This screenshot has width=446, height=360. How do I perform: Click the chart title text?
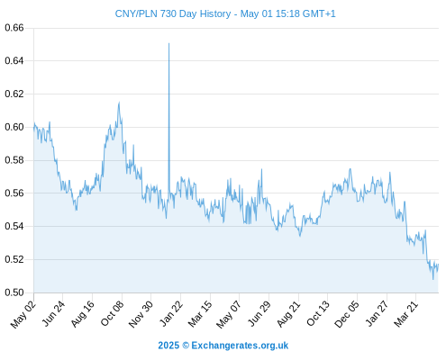click(x=225, y=13)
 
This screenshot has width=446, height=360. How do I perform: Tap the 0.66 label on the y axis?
click(x=14, y=28)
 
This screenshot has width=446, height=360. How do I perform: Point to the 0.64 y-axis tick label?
click(x=14, y=61)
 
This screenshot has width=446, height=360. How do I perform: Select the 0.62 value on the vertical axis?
click(x=14, y=94)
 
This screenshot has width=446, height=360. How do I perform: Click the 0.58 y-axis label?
click(x=14, y=160)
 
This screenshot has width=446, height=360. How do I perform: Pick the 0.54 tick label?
click(x=14, y=226)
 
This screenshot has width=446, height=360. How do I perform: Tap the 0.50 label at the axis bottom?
click(x=14, y=292)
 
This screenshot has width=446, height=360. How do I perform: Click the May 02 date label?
click(x=23, y=314)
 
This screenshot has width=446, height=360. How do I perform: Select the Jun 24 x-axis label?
click(x=53, y=314)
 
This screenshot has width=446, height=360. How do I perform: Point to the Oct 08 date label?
click(x=112, y=314)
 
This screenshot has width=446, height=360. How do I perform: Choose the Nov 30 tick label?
click(x=141, y=314)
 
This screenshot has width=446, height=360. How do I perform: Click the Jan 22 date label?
click(x=170, y=314)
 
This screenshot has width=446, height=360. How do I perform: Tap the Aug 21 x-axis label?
click(x=288, y=314)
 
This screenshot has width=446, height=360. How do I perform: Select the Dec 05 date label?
click(x=346, y=314)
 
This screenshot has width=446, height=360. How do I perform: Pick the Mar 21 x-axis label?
click(x=406, y=314)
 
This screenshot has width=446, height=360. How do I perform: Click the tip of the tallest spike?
click(x=168, y=43)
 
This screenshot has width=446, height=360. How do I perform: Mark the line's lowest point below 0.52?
click(x=433, y=280)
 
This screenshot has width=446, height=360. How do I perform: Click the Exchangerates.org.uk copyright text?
click(x=223, y=346)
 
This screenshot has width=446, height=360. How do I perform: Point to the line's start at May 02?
click(x=34, y=129)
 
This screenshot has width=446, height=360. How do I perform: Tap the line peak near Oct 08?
click(x=119, y=103)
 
